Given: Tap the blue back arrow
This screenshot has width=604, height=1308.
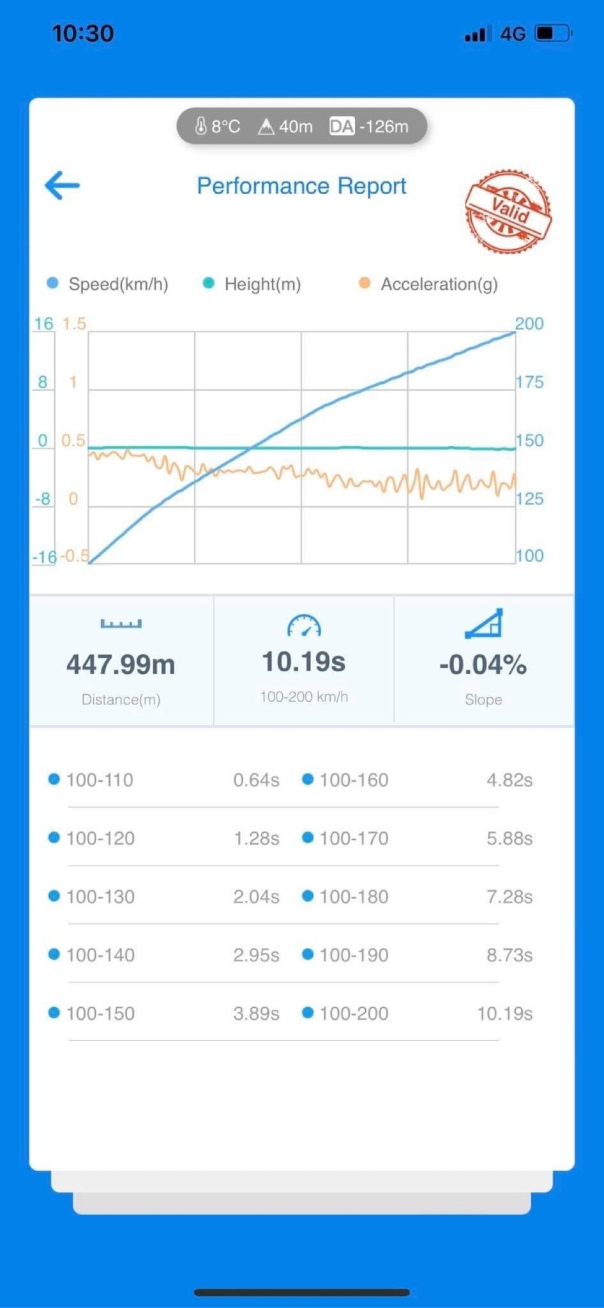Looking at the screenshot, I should coord(62,185).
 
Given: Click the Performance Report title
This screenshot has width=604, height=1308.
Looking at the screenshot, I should coord(301,186).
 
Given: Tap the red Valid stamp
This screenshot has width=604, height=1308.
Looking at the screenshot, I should coord(508,211).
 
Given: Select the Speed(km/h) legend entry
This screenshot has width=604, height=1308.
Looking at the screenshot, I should coord(109,284).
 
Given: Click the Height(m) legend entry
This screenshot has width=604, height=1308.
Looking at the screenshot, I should coord(252,284).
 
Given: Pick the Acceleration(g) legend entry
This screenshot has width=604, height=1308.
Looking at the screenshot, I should coord(429,284).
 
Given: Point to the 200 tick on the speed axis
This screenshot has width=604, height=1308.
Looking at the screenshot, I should coord(529,324).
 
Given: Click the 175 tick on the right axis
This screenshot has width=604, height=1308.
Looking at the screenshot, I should coord(529,382).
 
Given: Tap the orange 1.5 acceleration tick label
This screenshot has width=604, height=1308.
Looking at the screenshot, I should coord(73,324).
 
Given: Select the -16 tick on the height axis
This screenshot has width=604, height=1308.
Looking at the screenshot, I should coord(45,557).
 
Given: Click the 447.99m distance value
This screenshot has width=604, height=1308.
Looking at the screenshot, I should coord(121,664).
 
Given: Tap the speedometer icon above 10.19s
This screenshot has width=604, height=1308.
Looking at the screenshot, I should coord(304,626).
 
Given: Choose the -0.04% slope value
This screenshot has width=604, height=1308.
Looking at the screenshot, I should coord(483,664).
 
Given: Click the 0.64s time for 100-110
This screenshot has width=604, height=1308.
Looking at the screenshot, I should coord(256,780).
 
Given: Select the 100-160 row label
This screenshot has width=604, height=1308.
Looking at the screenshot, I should coord(354,780).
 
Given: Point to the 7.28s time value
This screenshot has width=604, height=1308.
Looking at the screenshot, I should coord(509,897).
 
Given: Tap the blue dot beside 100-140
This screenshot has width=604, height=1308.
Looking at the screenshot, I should coord(54,954).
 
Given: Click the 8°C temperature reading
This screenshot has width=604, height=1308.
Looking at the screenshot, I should coord(218,126).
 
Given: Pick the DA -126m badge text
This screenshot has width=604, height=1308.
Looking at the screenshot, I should coord(369,126).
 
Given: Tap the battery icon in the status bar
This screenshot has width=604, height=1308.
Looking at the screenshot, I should coord(552,33).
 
